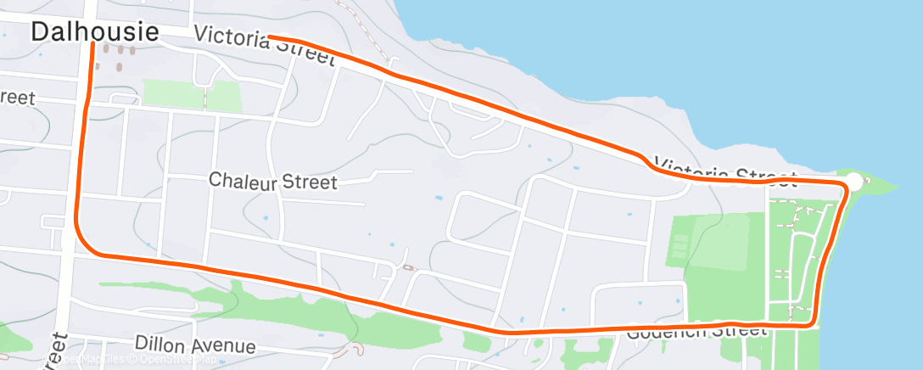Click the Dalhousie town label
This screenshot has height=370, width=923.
95,32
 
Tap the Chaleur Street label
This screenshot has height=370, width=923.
272,182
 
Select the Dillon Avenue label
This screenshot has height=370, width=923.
195,346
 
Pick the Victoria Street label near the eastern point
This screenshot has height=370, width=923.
725,171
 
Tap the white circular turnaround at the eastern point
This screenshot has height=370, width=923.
854,182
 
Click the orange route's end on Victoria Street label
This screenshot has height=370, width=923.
269,36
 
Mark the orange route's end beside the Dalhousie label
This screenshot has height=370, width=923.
92,44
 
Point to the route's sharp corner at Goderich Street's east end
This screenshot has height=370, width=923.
812,323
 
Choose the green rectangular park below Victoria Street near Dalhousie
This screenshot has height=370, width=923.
191,96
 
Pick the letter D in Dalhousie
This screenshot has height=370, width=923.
41,32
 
